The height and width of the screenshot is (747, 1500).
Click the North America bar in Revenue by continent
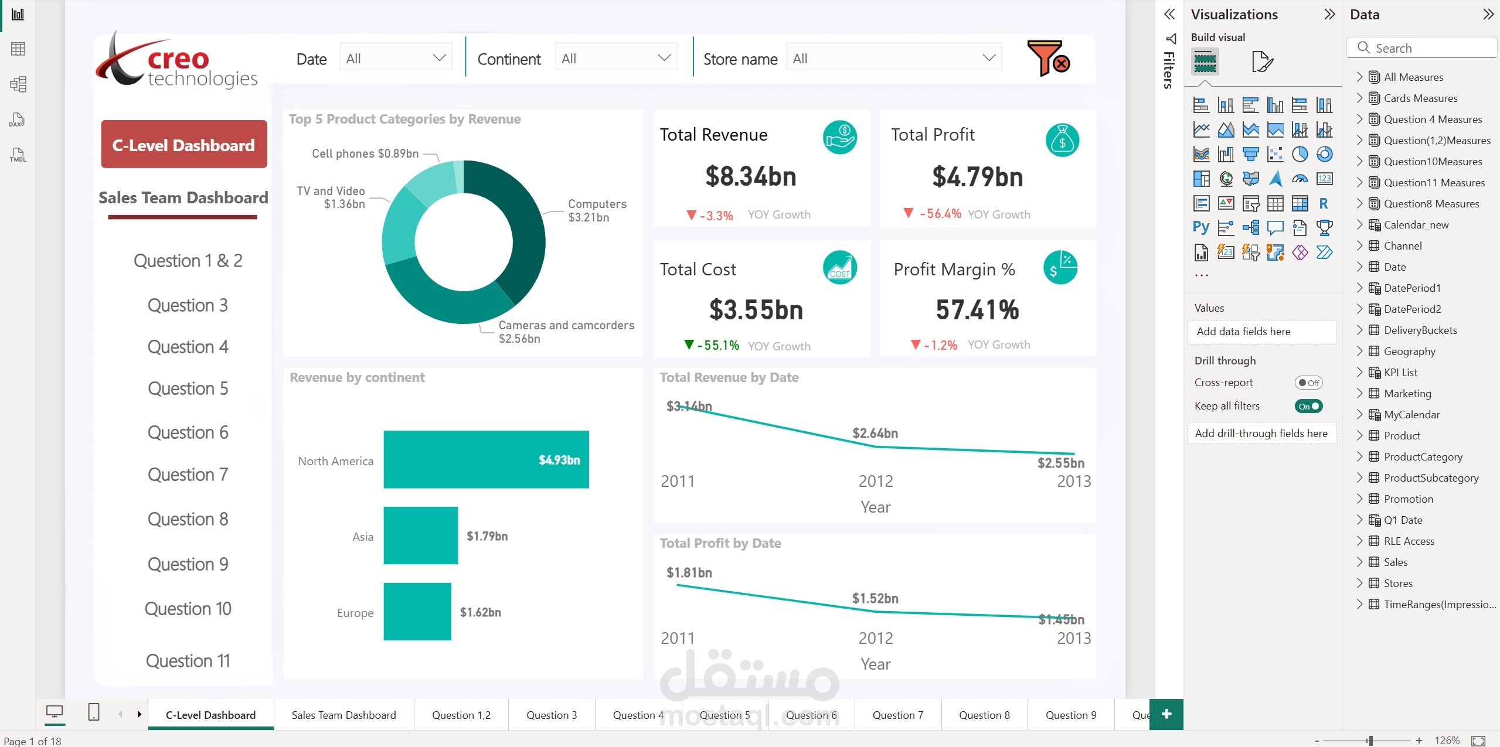485,459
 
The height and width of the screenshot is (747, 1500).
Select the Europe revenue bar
417,611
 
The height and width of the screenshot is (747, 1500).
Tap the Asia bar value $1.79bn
487,536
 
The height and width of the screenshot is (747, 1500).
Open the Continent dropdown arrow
664,58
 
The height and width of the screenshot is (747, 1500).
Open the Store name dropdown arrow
989,58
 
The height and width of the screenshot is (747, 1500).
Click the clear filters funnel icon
1049,58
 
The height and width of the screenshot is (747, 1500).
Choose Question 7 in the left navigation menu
188,475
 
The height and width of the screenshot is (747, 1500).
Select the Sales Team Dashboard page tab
343,715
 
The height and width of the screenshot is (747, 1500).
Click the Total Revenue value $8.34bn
750,176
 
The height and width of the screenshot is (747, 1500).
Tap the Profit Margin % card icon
1060,268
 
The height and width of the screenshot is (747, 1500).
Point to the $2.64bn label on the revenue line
875,433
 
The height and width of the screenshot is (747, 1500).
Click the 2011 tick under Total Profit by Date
678,638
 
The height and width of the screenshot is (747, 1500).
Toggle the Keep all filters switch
1308,406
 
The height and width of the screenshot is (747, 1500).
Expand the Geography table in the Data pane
1359,351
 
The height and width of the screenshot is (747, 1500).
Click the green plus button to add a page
1166,714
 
